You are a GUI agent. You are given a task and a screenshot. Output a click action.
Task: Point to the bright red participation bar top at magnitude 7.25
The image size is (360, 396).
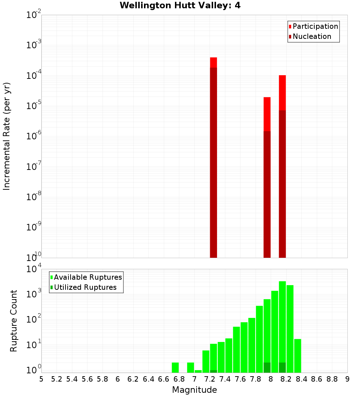point(213,62)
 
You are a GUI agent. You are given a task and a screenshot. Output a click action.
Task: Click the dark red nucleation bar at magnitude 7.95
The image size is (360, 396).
point(267,194)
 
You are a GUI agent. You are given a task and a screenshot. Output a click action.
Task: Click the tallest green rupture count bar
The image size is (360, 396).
point(282,324)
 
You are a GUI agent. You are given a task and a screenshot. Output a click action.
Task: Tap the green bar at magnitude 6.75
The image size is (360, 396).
point(175,368)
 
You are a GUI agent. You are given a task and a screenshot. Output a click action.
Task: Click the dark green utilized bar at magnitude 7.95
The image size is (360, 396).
point(267,368)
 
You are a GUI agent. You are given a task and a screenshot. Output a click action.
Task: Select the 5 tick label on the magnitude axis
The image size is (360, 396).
point(41,379)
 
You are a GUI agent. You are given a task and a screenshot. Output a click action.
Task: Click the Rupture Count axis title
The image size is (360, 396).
point(14,321)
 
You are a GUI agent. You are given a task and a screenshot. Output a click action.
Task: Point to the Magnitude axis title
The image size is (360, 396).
point(194,390)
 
